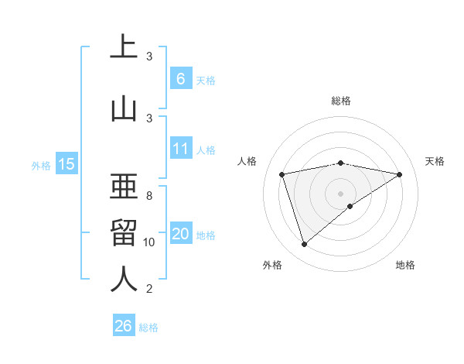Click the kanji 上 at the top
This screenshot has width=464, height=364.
point(124,47)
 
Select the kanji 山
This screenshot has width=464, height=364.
point(124,109)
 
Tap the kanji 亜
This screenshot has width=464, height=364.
point(124,187)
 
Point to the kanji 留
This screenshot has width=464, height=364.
point(124,233)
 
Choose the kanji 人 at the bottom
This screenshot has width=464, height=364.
point(124,280)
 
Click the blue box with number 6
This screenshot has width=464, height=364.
point(180,78)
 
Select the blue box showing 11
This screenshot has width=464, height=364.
point(180,149)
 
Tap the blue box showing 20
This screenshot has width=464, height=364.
point(180,234)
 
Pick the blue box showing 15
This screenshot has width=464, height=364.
point(66,164)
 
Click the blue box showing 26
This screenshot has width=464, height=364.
point(124,326)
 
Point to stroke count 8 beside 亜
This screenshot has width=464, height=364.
point(149,196)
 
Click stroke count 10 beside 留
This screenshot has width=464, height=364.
point(149,242)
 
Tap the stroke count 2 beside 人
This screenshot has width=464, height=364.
point(149,289)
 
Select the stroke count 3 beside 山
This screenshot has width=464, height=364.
point(149,118)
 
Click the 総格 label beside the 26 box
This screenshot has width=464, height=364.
point(148,328)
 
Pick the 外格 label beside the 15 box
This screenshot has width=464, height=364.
point(41,165)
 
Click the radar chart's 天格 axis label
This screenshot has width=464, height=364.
point(435,161)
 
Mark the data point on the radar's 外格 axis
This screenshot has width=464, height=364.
point(304,245)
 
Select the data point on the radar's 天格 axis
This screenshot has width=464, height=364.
point(399,174)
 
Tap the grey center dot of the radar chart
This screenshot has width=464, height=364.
point(340,193)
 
